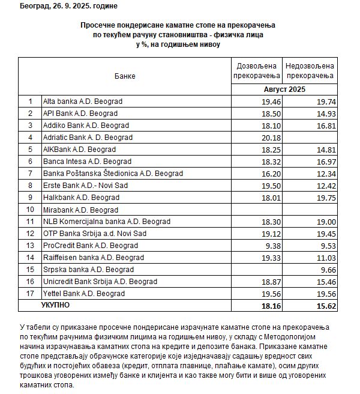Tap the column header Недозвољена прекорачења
coord(310,71)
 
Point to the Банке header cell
coord(125,76)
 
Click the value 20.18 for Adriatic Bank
coord(271,137)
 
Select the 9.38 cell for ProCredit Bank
coord(273,245)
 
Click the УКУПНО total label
coord(55,306)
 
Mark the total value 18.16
coord(271,306)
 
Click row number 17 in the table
coord(29,293)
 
